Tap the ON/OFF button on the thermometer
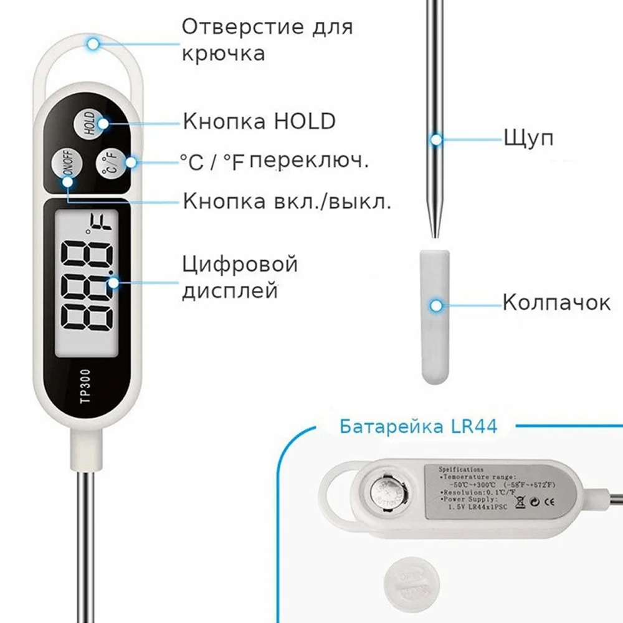point(65,166)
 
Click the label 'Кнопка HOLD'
point(259,121)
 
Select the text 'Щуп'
point(528,138)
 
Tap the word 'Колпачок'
point(556,303)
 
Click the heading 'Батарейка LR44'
point(418,427)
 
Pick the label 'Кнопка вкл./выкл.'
point(287,201)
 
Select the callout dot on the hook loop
point(93,44)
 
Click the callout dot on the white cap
point(436,305)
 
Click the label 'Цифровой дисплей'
point(240,277)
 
